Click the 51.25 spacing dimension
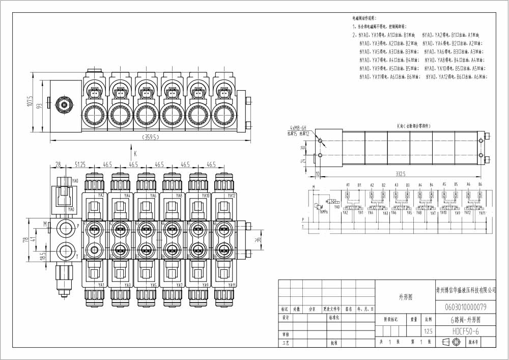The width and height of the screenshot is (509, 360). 79,165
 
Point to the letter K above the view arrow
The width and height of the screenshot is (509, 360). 135,153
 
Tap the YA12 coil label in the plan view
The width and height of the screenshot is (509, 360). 231,196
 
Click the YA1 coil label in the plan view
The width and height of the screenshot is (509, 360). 101,285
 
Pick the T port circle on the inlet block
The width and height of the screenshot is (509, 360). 65,250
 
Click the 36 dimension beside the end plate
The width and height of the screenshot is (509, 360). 258,238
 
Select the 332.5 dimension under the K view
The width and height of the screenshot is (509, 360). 400,175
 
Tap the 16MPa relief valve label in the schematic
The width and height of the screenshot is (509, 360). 324,211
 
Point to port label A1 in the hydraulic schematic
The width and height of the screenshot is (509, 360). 348,184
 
